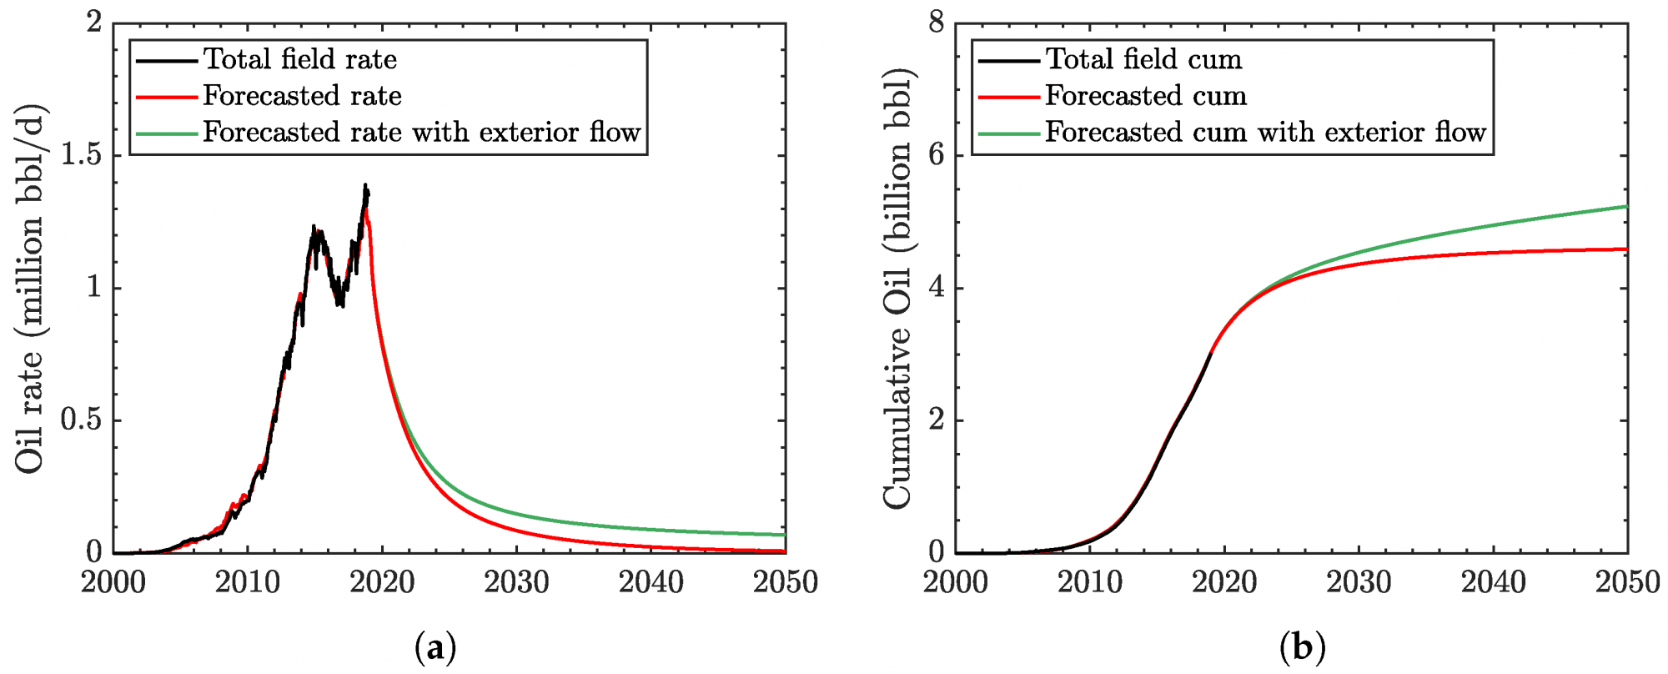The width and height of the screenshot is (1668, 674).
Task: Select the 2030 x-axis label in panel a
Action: coord(516,582)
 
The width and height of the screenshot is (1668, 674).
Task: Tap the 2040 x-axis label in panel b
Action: coord(1493,582)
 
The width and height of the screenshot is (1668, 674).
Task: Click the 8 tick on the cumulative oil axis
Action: coord(936,23)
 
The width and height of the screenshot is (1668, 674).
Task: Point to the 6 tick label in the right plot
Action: coord(936,154)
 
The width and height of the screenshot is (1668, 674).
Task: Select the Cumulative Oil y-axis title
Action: coord(897,288)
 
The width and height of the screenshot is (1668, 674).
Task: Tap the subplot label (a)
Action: coord(435,647)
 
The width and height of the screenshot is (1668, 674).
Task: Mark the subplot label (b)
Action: coord(1302,647)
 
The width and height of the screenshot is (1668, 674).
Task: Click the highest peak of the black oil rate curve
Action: coord(364,185)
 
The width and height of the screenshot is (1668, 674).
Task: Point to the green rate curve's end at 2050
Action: coord(785,535)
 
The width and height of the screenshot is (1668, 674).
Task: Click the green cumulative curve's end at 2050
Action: coord(1626,206)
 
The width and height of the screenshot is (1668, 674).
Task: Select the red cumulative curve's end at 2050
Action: coord(1626,249)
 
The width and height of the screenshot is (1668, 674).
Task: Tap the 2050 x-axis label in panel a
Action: coord(785,582)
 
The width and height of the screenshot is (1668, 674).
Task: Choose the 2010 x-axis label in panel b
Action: coord(1090,582)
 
